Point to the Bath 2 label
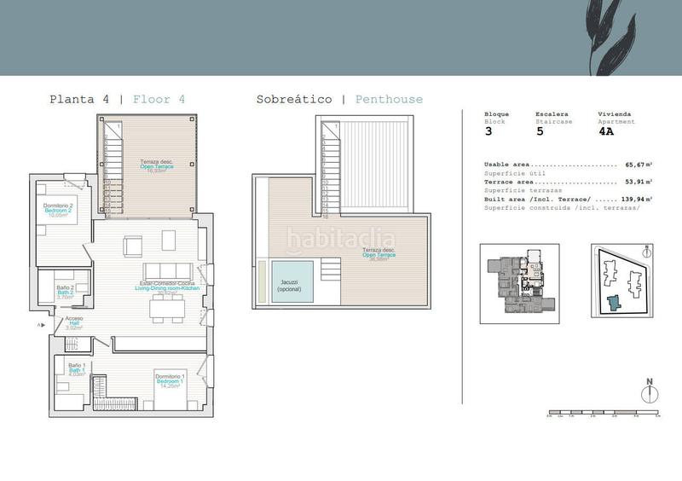point(66,291)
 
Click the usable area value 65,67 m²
point(637,165)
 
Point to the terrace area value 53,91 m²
point(637,182)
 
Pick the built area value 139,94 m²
point(634,199)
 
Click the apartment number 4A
point(606,132)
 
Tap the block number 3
point(488,132)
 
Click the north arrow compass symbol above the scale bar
point(649,391)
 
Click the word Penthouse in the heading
point(389,99)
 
